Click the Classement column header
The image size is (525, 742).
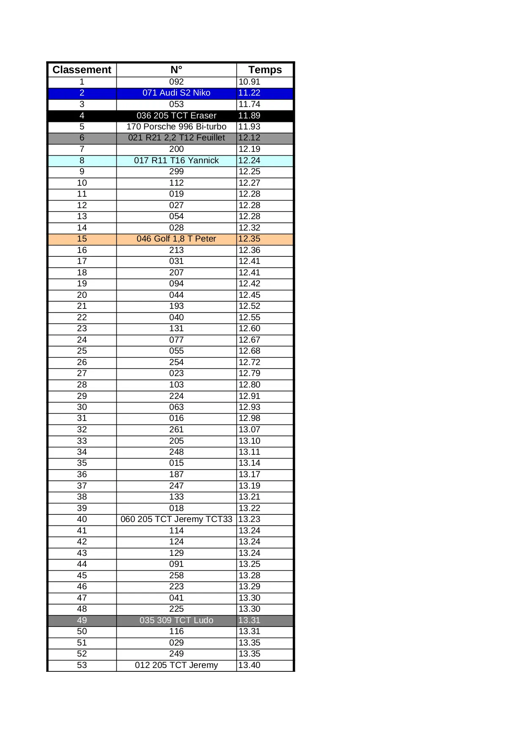[82, 70]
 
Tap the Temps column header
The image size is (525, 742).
[265, 70]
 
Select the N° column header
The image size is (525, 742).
[176, 70]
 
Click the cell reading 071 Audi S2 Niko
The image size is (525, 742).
[176, 93]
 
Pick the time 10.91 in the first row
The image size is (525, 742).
[249, 82]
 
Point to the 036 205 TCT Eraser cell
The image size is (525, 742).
[176, 115]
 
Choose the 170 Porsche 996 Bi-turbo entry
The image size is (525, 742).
[176, 126]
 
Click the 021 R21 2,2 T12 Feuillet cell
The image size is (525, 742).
[176, 138]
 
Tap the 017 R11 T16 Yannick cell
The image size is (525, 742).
[176, 160]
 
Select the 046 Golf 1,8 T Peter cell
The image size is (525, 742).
[176, 239]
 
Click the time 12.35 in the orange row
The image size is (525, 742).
[249, 239]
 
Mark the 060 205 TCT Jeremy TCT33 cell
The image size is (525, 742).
[176, 519]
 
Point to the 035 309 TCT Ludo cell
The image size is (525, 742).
[176, 620]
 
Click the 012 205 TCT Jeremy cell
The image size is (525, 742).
[176, 665]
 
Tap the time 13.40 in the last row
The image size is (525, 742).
[249, 665]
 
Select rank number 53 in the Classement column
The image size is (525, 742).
[82, 665]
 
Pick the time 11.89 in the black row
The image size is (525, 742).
[249, 115]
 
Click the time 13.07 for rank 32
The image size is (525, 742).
[249, 429]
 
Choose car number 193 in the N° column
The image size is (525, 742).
[176, 306]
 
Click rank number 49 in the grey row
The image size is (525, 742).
[82, 620]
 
